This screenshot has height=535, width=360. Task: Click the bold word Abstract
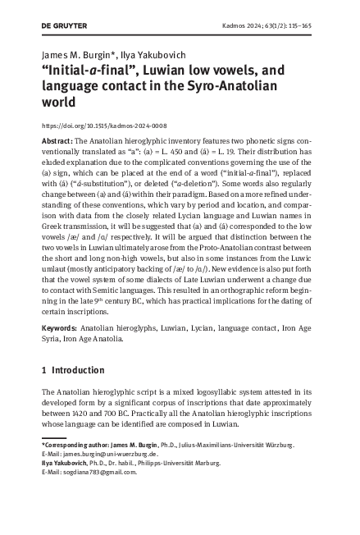(56, 142)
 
